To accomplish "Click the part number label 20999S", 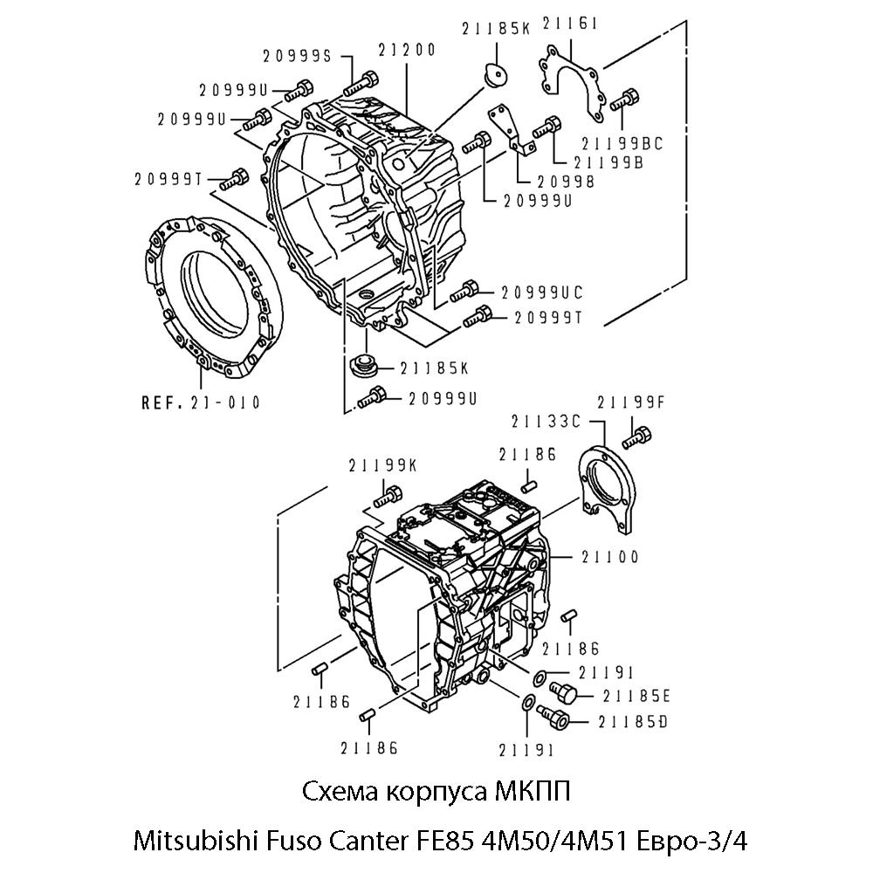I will pos(297,56).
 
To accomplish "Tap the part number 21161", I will pos(570,24).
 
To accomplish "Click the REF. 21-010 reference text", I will pos(201,402).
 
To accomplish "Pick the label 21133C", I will pos(546,421).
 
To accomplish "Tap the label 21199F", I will pos(631,402).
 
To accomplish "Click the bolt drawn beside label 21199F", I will pos(640,432).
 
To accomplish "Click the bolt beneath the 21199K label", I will pos(385,498).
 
